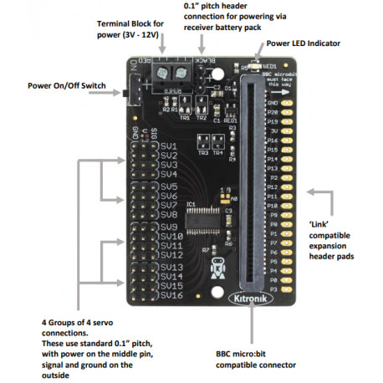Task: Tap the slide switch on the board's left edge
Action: tap(131, 89)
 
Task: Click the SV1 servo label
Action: tap(168, 146)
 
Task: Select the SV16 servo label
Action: tap(171, 294)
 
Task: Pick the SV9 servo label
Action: tap(168, 226)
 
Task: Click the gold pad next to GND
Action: tap(289, 102)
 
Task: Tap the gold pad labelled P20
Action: tap(289, 112)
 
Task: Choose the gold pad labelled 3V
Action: tap(289, 131)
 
